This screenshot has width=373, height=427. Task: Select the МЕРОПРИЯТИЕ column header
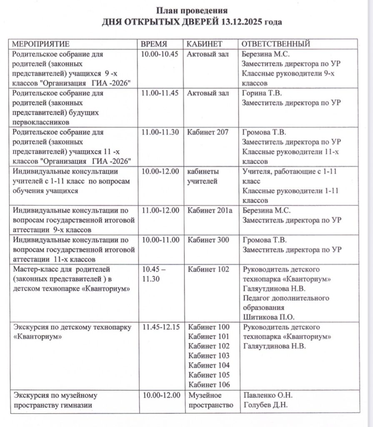40,44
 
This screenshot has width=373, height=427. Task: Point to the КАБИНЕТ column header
205,44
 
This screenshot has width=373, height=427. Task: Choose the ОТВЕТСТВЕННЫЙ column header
276,44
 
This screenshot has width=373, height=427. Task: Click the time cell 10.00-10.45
160,54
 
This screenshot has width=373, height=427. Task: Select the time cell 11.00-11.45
160,93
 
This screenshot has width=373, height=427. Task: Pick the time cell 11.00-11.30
160,132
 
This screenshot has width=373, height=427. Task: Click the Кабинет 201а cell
210,211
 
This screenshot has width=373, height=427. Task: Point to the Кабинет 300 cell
208,240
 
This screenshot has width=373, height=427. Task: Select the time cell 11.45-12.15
161,327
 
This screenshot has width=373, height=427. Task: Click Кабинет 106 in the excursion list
209,384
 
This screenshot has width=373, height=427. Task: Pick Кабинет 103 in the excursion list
209,356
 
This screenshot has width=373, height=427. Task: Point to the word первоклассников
40,122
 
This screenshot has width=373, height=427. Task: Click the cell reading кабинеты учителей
203,176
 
